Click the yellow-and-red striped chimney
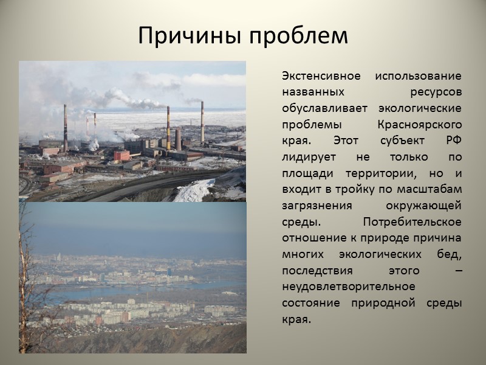coord(168,128)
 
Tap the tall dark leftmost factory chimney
coord(65,128)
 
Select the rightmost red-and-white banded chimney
coord(202,122)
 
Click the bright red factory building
coord(122,156)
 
